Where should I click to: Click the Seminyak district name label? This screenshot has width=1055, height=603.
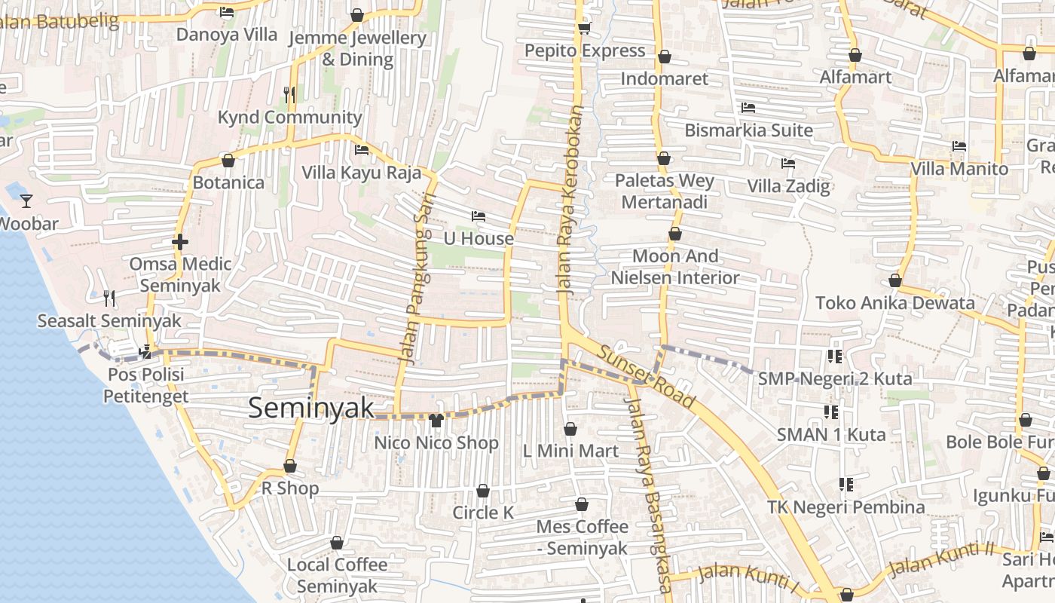tap(310, 408)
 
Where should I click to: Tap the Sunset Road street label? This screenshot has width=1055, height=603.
tap(646, 374)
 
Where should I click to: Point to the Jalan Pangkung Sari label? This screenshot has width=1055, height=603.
tap(417, 277)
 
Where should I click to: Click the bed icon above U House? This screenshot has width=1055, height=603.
tap(478, 216)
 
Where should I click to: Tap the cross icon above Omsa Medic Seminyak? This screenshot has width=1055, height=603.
tap(179, 242)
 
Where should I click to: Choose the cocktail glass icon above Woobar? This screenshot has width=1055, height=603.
tap(26, 200)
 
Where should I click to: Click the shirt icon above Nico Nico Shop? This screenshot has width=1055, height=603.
tap(436, 420)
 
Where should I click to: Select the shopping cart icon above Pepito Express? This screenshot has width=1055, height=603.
tap(584, 29)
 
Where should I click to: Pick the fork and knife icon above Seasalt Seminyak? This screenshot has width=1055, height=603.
tap(109, 298)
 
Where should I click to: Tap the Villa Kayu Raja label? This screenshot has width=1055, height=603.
tap(361, 172)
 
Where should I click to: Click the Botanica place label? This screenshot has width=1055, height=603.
tap(228, 182)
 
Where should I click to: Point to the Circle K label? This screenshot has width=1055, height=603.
tap(483, 513)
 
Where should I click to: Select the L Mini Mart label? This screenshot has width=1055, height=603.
tap(570, 451)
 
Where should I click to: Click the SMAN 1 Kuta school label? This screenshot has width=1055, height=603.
tap(830, 434)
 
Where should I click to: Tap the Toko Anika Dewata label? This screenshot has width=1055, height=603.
tap(894, 303)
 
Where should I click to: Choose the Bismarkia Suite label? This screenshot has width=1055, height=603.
tap(748, 130)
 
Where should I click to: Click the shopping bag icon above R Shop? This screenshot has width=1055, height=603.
tap(290, 467)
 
